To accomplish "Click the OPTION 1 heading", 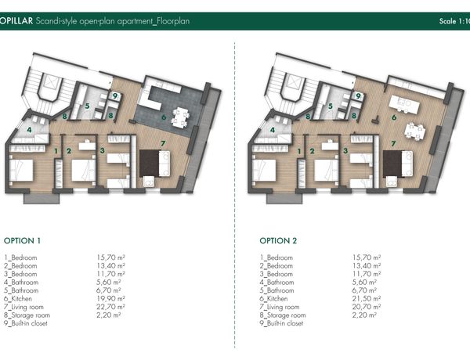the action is tap(22, 241).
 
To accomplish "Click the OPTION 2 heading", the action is tap(278, 241).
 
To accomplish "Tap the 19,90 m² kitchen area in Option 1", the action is tap(110, 299).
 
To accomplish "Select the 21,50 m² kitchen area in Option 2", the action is tap(367, 299).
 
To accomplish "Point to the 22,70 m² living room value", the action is tap(110, 307).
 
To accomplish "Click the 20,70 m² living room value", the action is tap(367, 307).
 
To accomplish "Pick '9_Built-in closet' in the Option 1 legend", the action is tap(26, 323).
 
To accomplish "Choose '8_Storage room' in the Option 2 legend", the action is tap(283, 315).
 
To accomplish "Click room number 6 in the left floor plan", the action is tap(164, 117).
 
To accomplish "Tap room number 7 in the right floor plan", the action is tap(393, 144).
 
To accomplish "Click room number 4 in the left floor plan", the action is tap(29, 130).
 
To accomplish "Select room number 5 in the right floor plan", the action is tap(331, 106).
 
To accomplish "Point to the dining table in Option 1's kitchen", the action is tap(180, 117).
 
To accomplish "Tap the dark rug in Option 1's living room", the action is tap(150, 164).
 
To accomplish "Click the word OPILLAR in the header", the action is tap(16, 21).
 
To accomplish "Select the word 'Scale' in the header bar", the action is tap(448, 21).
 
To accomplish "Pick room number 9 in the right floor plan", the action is tap(358, 96).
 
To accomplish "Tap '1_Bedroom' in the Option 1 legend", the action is tap(20, 257).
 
